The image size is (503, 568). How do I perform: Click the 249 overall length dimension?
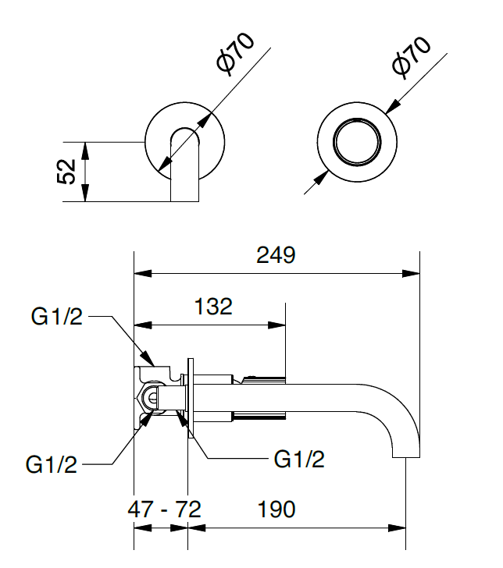point(276,254)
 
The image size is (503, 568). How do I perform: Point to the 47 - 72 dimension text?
point(164,509)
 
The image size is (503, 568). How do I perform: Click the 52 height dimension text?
point(68,171)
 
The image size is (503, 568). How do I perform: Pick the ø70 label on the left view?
point(234,55)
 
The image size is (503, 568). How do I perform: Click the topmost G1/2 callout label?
point(56,317)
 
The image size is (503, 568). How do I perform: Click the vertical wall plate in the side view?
point(189,398)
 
